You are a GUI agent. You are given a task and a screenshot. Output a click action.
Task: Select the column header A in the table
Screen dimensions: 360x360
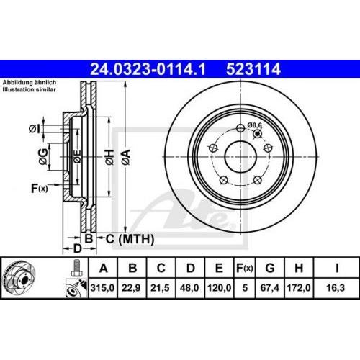pyautogui.click(x=106, y=269)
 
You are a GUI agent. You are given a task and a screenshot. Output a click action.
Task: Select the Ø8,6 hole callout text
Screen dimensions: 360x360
pyautogui.click(x=255, y=125)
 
